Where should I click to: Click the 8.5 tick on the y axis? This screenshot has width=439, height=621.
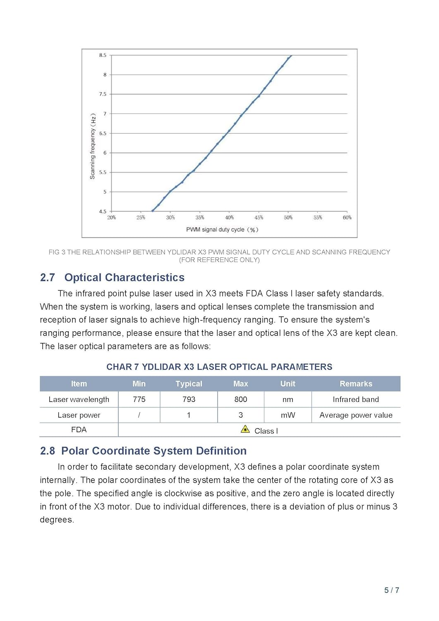point(103,55)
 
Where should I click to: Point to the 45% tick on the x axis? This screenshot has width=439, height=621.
point(259,217)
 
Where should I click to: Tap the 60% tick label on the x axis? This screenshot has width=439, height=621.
point(347,217)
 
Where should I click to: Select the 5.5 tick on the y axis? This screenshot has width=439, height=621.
point(103,172)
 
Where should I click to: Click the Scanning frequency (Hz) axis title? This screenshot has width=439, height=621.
point(93,146)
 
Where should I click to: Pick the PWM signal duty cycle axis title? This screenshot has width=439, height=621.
point(222,230)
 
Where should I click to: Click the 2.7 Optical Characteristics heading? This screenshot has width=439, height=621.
point(112,277)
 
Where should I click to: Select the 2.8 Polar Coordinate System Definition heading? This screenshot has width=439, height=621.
point(143,451)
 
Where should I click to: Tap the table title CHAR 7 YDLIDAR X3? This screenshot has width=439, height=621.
point(219,367)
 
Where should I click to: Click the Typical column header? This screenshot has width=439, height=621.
point(189,384)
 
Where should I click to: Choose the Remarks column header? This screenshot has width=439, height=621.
point(356,384)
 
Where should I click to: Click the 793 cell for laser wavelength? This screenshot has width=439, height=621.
point(189,400)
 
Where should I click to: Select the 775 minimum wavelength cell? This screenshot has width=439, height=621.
point(139,400)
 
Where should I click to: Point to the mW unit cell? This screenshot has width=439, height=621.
point(288,415)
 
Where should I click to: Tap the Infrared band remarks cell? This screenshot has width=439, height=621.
point(356,400)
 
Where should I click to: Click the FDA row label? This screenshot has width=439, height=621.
point(79,430)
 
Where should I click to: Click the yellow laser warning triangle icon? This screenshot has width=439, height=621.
point(245,429)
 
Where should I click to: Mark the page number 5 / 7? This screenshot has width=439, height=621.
point(391,590)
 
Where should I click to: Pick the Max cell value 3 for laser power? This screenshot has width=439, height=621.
point(241,415)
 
